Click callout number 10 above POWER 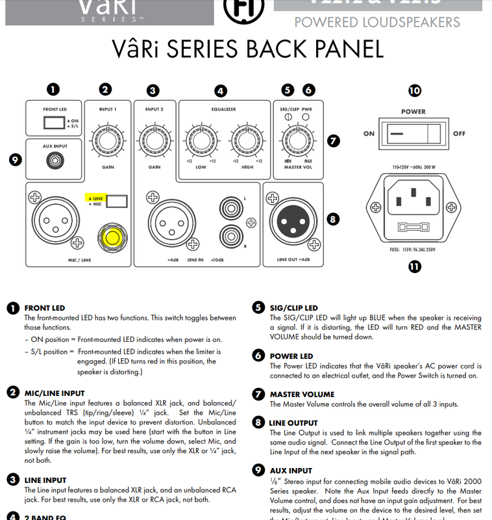pos(413,91)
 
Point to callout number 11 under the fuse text pos(413,265)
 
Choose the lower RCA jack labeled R pos(230,233)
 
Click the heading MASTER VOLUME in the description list pos(302,394)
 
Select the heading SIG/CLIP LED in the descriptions pos(293,307)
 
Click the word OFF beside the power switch pos(460,133)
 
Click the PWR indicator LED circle pos(306,117)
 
